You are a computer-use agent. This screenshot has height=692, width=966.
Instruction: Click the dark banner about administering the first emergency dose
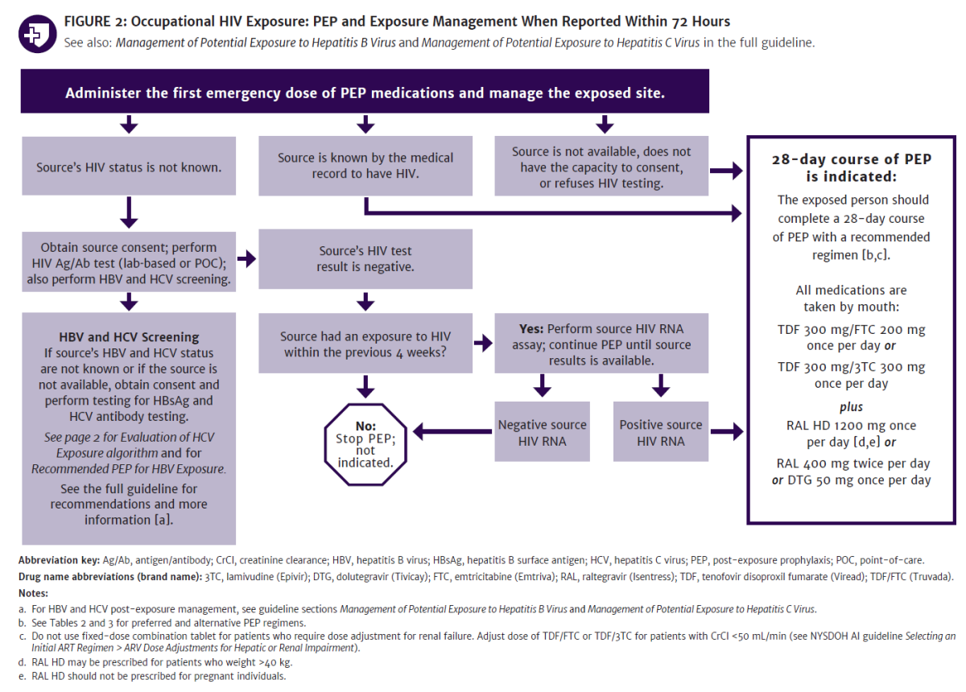365,93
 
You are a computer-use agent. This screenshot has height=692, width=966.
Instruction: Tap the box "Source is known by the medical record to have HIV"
365,167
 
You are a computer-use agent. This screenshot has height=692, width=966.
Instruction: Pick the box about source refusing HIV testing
601,167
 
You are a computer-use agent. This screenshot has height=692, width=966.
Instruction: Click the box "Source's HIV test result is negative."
365,259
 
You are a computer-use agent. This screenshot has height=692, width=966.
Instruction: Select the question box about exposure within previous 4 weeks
365,344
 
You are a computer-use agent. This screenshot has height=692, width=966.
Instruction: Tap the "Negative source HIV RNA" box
543,433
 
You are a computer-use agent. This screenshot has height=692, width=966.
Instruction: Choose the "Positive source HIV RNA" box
661,433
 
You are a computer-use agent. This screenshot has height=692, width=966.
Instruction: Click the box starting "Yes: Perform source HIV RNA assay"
601,344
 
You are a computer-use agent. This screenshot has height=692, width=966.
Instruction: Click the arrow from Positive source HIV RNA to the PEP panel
726,433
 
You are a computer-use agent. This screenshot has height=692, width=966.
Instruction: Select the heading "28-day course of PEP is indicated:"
851,167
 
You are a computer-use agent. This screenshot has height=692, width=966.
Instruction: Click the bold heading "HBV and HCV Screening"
129,337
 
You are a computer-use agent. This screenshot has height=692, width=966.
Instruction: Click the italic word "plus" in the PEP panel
851,407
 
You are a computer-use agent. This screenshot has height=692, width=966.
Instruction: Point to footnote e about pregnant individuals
153,676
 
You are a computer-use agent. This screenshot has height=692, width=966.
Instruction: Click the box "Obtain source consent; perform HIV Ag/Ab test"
129,264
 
